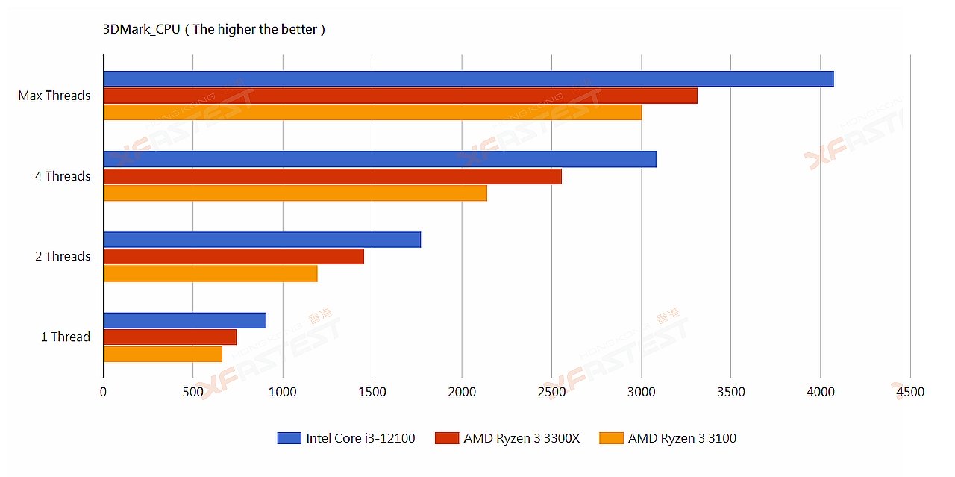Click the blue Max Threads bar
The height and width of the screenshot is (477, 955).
(x=468, y=78)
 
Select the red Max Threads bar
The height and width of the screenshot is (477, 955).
(x=400, y=96)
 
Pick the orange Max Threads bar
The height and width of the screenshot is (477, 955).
(x=372, y=112)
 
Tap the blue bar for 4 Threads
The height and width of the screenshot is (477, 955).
(x=380, y=159)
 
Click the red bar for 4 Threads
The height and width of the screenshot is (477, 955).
(x=332, y=176)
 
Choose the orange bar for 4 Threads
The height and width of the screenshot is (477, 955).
(x=295, y=193)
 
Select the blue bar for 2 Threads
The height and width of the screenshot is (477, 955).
(x=262, y=240)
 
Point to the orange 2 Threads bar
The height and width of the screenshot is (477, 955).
(x=210, y=274)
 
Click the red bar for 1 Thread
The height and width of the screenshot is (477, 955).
(x=170, y=337)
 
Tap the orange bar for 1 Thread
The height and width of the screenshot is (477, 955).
(x=163, y=354)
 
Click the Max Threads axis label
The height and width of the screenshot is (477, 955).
(x=54, y=96)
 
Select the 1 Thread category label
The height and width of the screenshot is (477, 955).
(x=65, y=337)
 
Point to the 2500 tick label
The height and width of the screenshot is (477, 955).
(x=551, y=392)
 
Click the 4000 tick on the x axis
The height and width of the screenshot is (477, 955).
(x=820, y=392)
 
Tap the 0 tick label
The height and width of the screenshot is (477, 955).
(x=104, y=392)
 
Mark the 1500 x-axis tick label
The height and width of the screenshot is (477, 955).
(x=372, y=392)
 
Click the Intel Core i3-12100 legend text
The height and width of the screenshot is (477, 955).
(x=360, y=438)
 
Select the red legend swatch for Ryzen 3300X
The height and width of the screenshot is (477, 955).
(x=446, y=438)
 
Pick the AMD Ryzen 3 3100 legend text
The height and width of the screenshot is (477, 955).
(x=682, y=438)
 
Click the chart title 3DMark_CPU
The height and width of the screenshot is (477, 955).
(x=142, y=30)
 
